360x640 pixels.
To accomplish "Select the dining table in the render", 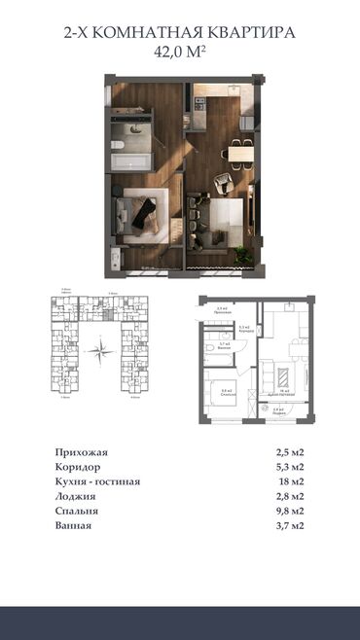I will coord(238,152).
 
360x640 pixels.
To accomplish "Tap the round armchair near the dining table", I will coord(223,179).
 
